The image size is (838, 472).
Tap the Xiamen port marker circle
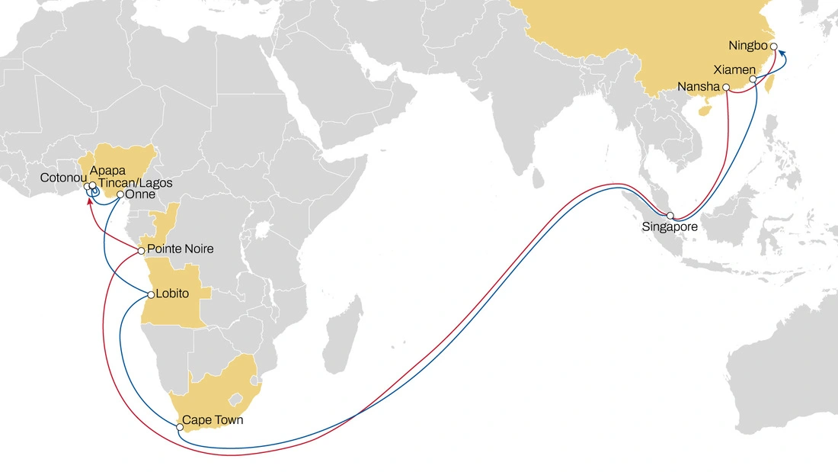tap(753, 79)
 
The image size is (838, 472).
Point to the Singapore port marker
tap(670, 216)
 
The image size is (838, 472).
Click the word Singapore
tap(670, 227)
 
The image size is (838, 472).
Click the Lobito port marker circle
tap(150, 294)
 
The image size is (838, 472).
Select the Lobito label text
tap(171, 294)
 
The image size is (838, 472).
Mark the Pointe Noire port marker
tap(141, 250)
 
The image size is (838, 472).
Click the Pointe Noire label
tap(180, 249)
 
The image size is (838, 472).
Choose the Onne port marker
tap(120, 194)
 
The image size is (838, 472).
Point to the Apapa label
tap(107, 171)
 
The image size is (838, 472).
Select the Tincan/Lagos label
tap(135, 183)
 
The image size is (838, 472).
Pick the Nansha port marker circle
tap(726, 87)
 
